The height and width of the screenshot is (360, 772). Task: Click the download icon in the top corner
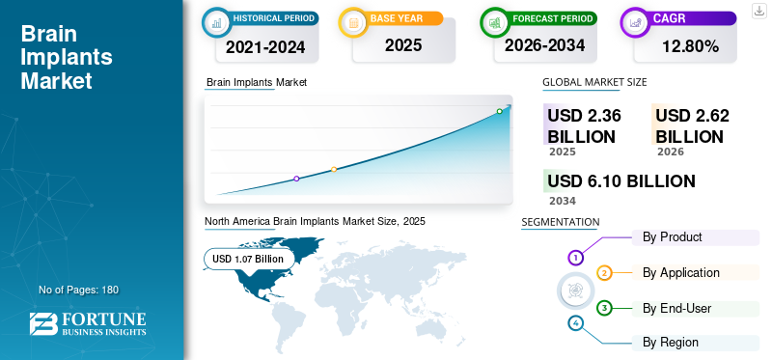point(759,11)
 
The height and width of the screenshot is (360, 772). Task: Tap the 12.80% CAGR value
point(690,46)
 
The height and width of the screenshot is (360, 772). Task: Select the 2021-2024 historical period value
point(265,47)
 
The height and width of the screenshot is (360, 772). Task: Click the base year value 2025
point(403,45)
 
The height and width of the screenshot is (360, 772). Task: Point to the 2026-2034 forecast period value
point(544,45)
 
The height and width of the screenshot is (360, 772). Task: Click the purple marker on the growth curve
point(296,179)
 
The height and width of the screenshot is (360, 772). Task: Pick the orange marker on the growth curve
point(334,170)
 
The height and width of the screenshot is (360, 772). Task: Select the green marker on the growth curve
point(499,111)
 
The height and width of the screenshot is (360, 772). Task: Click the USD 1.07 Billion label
point(248,259)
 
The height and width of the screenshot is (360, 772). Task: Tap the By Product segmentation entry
point(672,236)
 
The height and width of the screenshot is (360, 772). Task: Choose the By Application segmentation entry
point(681,272)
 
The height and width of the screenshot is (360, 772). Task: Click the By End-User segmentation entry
point(677,308)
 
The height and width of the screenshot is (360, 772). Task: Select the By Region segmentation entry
point(671,342)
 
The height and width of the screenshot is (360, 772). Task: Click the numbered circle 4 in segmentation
point(575,323)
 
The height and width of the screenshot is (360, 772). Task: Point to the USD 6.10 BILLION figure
point(621,181)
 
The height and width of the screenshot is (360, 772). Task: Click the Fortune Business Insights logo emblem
point(43,323)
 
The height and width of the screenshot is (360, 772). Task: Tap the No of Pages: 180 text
point(79,290)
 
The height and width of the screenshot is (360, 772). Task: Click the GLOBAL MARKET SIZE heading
point(594,82)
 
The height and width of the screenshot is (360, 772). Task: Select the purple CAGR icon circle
point(635,22)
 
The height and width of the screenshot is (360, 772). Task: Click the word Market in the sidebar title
point(56,80)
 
